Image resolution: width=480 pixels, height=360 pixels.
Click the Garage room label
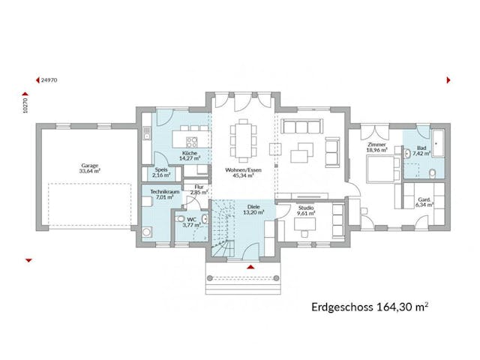click(90, 168)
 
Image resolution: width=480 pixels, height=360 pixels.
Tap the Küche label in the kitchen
click(189, 156)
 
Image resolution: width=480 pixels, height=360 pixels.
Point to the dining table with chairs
click(244, 140)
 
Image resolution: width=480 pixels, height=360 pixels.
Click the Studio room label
click(305, 210)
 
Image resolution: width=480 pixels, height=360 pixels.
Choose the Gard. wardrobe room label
click(415, 200)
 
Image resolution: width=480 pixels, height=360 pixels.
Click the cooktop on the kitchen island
click(192, 140)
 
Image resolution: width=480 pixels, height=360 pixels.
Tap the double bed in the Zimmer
click(380, 169)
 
